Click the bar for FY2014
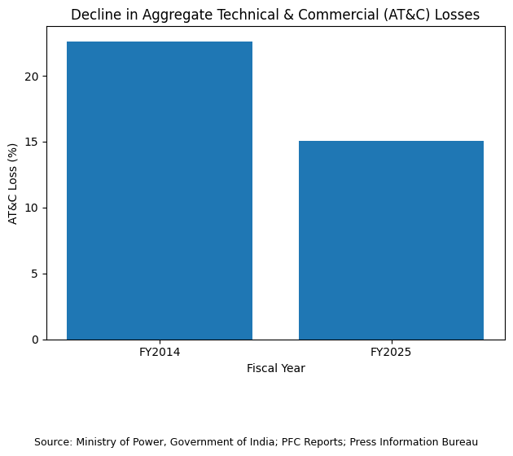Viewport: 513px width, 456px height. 160,191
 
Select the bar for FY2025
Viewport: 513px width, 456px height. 391,240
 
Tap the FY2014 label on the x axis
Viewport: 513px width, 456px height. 160,353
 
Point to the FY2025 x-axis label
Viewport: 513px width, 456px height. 391,353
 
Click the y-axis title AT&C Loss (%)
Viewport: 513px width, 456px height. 13,183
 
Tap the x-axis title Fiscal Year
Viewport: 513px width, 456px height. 276,368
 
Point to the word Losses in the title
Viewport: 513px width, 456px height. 457,15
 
